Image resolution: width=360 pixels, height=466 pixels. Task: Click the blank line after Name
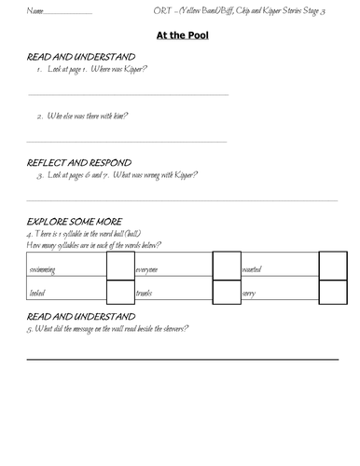pyautogui.click(x=67, y=14)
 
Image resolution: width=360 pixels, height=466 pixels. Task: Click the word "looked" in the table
pyautogui.click(x=40, y=293)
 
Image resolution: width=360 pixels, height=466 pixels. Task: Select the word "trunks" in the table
pyautogui.click(x=145, y=293)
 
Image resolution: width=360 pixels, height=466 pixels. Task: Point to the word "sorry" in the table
pyautogui.click(x=250, y=293)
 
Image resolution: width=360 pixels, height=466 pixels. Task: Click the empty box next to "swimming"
pyautogui.click(x=120, y=266)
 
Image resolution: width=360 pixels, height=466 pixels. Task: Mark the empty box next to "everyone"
pyautogui.click(x=227, y=266)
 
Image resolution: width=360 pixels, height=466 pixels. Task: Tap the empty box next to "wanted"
pyautogui.click(x=332, y=266)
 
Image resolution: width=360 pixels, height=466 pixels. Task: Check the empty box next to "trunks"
pyautogui.click(x=227, y=292)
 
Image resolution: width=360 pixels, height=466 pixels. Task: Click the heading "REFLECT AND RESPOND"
pyautogui.click(x=79, y=161)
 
